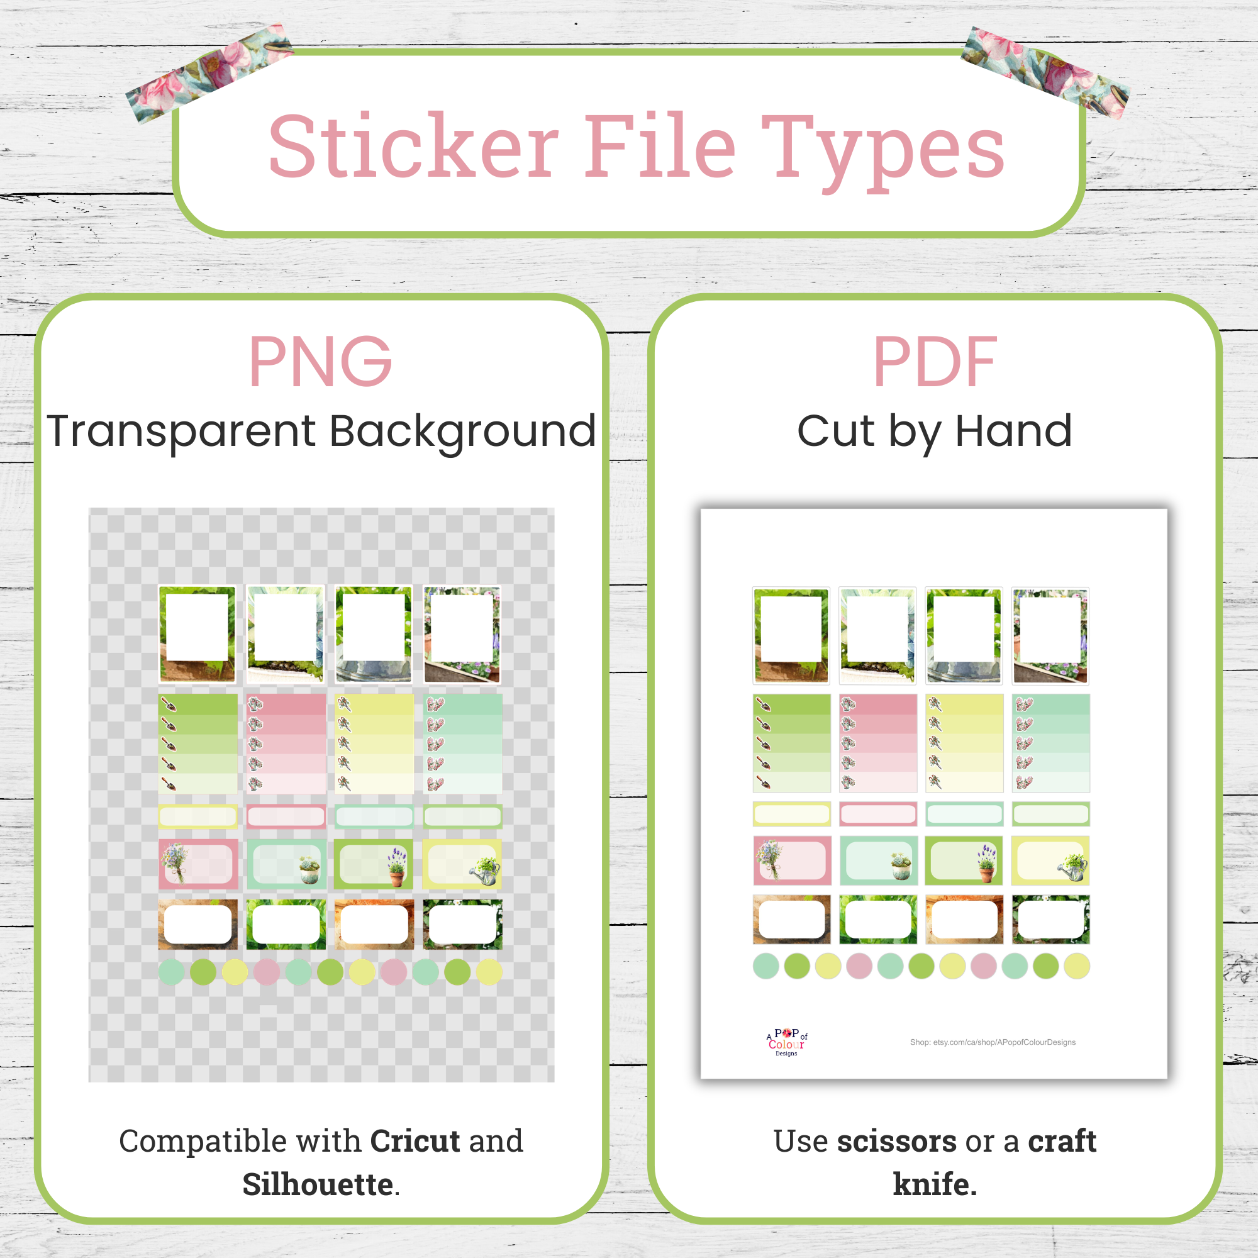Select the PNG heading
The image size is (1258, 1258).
(x=320, y=362)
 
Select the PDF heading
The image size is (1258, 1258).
(x=935, y=362)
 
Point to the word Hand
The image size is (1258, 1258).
(x=1013, y=431)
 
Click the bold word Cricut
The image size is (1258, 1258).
(x=415, y=1141)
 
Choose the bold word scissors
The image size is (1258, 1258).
(x=896, y=1141)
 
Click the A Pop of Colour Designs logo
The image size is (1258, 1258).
(x=787, y=1042)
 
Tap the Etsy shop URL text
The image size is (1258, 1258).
(x=993, y=1042)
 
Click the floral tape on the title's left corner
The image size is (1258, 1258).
(x=208, y=72)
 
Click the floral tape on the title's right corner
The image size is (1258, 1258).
(x=1045, y=72)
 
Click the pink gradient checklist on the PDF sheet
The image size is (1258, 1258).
(x=877, y=743)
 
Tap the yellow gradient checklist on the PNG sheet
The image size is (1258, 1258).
(x=374, y=743)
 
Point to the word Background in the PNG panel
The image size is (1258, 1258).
(x=462, y=431)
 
